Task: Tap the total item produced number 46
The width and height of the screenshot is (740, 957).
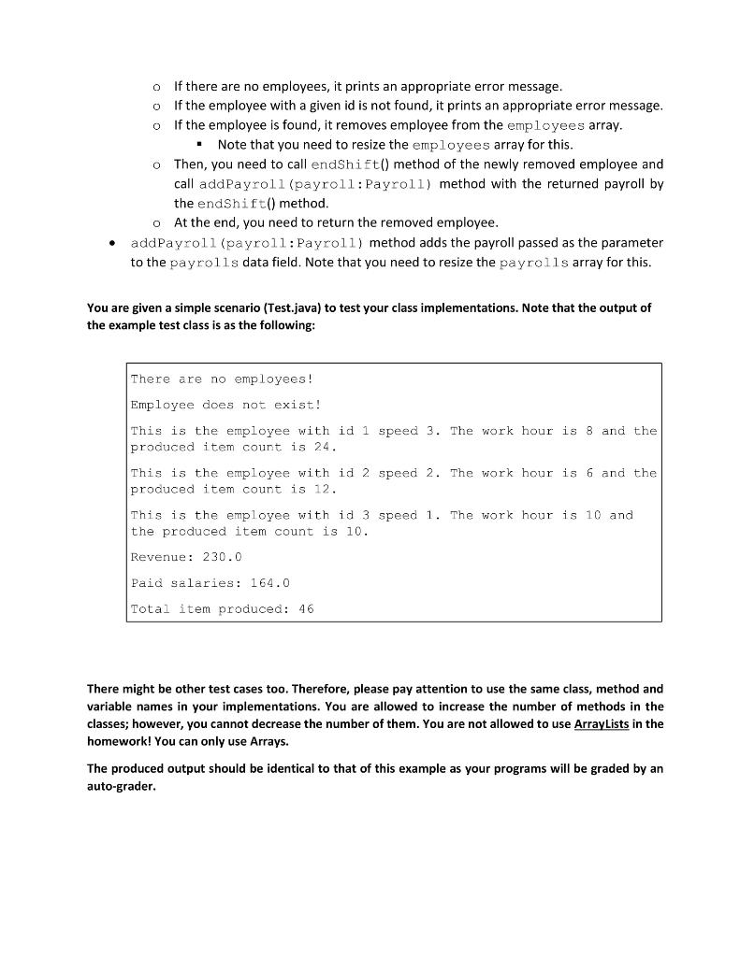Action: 305,608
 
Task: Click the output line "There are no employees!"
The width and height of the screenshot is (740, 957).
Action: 221,379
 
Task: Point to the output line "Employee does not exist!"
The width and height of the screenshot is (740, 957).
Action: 225,405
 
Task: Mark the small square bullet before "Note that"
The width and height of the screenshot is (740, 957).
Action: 199,145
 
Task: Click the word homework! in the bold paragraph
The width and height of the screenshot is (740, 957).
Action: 118,739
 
